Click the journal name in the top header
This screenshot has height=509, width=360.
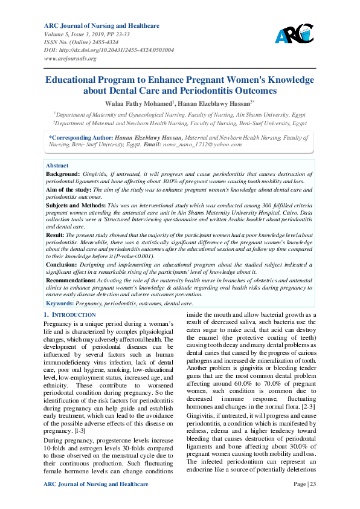101,25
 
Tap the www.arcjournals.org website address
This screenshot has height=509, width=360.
71,59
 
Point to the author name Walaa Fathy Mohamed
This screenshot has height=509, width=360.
138,103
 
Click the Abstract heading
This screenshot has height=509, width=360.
57,165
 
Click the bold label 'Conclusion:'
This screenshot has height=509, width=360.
62,264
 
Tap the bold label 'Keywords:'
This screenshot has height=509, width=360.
60,303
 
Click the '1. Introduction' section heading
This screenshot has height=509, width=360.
70,316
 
